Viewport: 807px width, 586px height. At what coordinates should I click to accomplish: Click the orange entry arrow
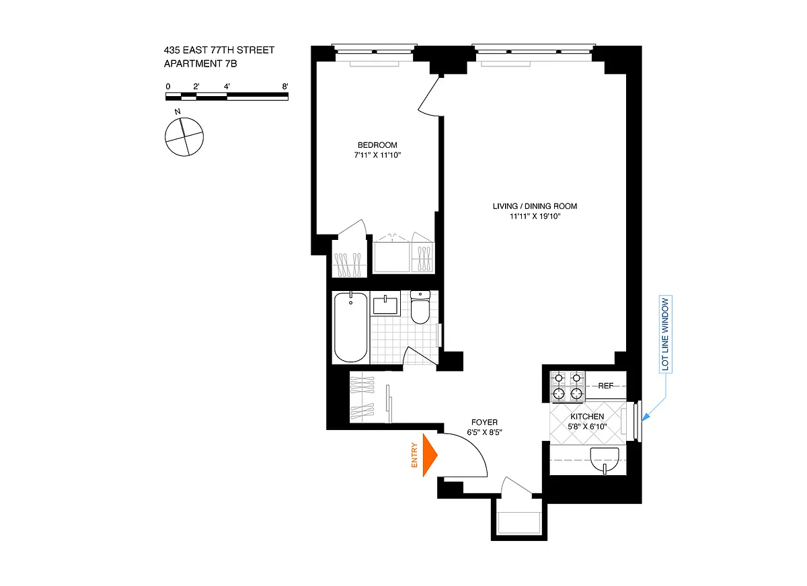click(430, 455)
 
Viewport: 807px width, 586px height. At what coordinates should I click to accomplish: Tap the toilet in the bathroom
click(420, 307)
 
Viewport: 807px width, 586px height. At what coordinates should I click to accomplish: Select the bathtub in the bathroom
click(350, 327)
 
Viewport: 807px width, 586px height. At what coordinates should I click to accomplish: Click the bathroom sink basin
click(385, 305)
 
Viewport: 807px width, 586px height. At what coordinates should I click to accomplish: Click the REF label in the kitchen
click(606, 386)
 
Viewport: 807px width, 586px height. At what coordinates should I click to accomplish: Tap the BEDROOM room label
click(377, 145)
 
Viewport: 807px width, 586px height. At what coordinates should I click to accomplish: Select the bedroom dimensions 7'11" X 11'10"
click(377, 155)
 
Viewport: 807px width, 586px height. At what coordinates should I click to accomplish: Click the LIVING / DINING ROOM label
click(535, 206)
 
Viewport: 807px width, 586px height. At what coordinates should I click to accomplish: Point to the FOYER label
click(484, 422)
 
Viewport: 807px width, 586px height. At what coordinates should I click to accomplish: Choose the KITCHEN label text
click(587, 417)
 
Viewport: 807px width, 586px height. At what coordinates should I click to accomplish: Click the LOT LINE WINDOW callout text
click(665, 334)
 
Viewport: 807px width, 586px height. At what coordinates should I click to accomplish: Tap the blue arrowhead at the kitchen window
click(646, 417)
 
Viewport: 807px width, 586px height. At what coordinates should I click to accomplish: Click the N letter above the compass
click(178, 112)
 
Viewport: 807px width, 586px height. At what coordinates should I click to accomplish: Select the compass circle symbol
click(184, 137)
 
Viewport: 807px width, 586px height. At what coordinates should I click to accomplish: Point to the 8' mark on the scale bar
click(285, 87)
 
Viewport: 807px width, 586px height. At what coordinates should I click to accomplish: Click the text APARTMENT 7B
click(200, 64)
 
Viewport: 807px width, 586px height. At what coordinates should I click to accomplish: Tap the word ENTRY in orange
click(414, 456)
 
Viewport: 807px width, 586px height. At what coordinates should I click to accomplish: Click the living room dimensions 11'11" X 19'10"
click(535, 216)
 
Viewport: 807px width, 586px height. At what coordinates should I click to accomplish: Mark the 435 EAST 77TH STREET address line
click(219, 50)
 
